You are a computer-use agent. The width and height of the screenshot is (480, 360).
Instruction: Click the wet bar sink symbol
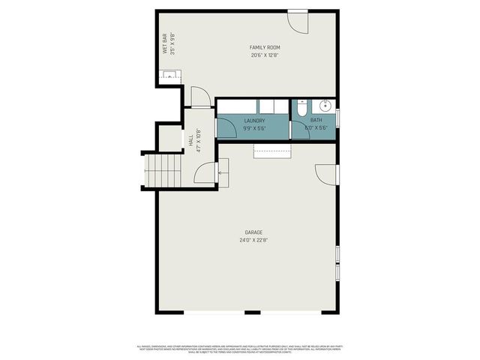coord(169,75)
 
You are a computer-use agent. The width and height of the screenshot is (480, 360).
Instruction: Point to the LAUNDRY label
coord(254,121)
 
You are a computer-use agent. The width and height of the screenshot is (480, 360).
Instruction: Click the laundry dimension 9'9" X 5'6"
coord(254,128)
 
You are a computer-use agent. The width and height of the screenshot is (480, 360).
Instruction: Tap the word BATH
coord(316,121)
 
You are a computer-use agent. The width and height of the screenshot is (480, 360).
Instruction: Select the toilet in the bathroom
coord(300,109)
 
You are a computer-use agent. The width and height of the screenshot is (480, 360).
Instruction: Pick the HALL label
coord(191,140)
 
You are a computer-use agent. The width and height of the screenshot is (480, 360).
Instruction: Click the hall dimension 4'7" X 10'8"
coord(199,140)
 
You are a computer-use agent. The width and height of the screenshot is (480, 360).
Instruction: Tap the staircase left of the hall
coord(163,170)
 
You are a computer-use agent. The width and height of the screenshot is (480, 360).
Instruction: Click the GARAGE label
coord(253,232)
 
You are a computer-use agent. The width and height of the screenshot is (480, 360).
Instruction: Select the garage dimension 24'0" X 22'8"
coord(253,240)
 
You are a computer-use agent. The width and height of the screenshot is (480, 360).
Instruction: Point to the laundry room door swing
coord(226,127)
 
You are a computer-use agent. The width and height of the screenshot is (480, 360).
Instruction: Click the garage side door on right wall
coord(326,174)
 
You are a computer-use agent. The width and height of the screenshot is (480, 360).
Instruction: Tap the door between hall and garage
coord(205,174)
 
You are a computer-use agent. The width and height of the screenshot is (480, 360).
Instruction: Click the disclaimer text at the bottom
coord(239,349)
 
